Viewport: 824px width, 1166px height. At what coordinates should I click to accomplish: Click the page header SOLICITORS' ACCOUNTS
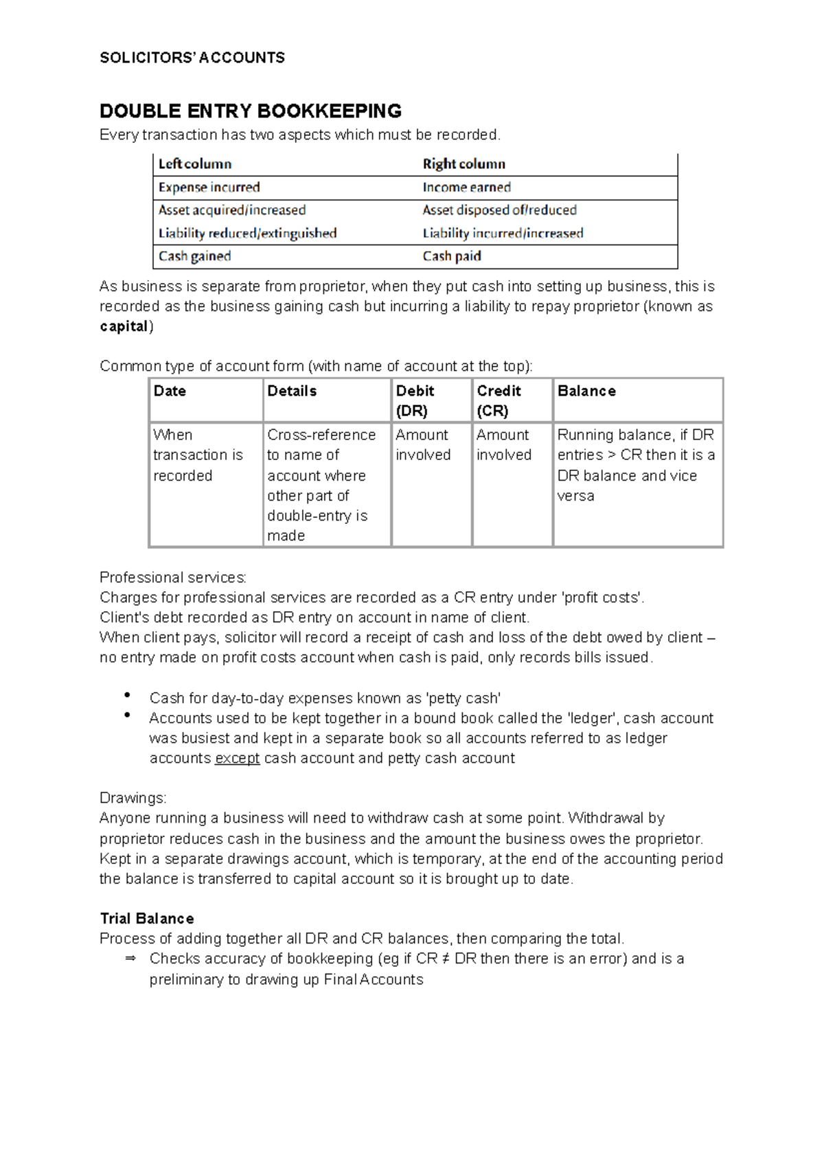(x=192, y=58)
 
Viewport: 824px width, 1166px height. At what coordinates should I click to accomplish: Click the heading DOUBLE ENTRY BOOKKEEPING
(x=251, y=111)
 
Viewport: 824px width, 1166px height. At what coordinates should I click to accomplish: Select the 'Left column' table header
(x=195, y=164)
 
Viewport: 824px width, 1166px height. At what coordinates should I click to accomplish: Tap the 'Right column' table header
(x=463, y=164)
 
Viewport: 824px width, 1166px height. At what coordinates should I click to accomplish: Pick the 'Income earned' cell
(x=466, y=187)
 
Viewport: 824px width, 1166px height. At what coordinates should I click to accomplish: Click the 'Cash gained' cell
(x=194, y=256)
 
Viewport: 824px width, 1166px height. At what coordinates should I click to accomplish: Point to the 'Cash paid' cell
(x=451, y=256)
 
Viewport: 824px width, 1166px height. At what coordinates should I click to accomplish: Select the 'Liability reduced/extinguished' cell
(x=247, y=233)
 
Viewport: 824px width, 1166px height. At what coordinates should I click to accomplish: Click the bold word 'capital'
(x=124, y=327)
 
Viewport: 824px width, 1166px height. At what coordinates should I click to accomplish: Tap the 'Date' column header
(x=170, y=391)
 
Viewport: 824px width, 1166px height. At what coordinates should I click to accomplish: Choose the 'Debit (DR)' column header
(x=415, y=400)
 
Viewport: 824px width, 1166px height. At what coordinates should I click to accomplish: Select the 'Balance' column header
(x=586, y=391)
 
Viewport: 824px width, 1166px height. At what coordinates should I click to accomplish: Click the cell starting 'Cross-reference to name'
(x=321, y=485)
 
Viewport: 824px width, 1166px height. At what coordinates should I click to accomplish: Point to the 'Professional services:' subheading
(x=172, y=578)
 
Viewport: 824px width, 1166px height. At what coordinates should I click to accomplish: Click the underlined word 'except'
(x=237, y=759)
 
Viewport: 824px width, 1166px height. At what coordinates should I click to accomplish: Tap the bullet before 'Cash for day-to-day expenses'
(x=128, y=696)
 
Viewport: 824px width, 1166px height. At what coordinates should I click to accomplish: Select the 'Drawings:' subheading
(x=133, y=799)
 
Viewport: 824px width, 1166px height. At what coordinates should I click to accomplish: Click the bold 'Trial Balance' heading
(x=147, y=919)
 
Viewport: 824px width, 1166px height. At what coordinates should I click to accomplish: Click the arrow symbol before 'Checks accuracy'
(x=130, y=959)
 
